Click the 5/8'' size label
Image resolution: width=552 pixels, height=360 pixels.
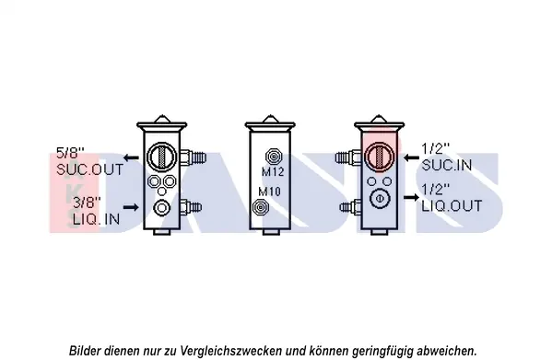click(70, 153)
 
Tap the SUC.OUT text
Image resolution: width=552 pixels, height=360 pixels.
click(90, 169)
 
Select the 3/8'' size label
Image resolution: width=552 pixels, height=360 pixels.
click(87, 203)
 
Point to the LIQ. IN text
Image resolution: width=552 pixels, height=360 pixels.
click(97, 219)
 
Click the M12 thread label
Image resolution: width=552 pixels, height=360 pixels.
click(273, 171)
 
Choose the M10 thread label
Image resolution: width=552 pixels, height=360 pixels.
click(269, 192)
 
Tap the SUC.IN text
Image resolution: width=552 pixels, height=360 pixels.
click(447, 165)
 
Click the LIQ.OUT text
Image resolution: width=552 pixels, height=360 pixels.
click(452, 206)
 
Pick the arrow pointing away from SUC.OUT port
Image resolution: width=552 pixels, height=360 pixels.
click(131, 157)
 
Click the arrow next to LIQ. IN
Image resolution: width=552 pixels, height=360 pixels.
click(131, 207)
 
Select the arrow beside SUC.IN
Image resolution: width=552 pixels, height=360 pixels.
click(411, 157)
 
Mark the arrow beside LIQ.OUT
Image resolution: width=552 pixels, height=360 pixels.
click(411, 198)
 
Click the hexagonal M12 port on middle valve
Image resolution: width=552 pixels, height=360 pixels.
click(273, 156)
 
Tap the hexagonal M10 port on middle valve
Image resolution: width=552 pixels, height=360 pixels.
click(260, 207)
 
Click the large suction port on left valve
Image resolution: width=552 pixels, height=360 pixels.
click(161, 157)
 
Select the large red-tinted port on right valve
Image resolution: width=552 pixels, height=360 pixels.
click(380, 157)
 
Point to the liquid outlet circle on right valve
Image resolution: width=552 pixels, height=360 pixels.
click(380, 199)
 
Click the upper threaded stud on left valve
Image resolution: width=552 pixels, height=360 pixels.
click(193, 157)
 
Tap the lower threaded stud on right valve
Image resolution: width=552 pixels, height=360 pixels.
click(351, 207)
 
